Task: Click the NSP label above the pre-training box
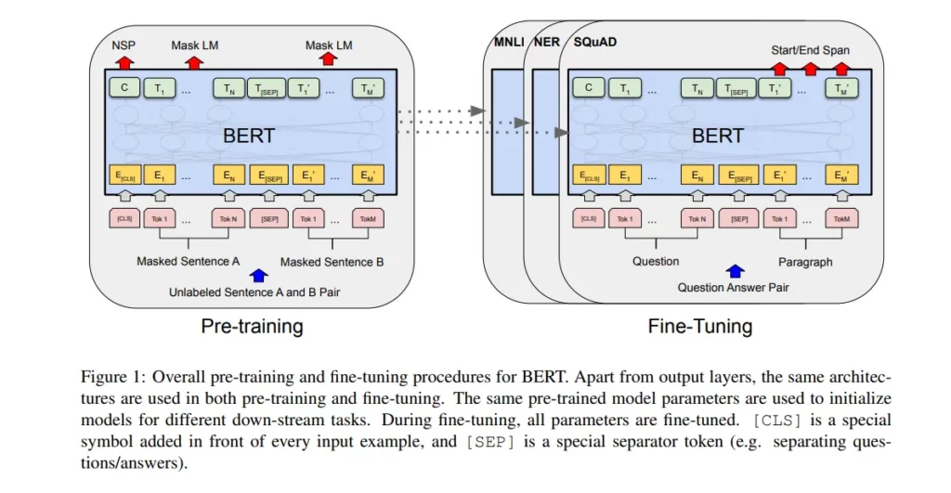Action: point(124,45)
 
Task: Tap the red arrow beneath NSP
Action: point(124,62)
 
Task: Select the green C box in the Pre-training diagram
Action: point(124,88)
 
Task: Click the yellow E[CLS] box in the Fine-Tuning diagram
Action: point(588,175)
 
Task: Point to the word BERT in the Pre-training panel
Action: point(249,136)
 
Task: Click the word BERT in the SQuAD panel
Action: point(718,136)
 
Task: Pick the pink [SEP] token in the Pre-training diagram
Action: point(269,218)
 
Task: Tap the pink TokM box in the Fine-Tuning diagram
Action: point(841,218)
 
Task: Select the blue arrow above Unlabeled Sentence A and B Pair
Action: point(259,276)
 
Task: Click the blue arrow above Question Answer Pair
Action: point(736,271)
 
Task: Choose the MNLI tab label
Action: point(509,42)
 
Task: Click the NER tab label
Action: point(546,42)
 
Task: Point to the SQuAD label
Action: point(595,42)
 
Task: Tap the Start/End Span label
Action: point(810,50)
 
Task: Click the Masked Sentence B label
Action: point(332,262)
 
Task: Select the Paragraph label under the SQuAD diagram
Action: point(805,262)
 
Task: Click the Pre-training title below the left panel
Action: point(252,326)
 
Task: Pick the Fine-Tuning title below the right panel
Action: point(700,326)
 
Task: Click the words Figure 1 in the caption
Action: point(113,377)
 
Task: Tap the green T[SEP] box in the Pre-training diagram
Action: point(267,88)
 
